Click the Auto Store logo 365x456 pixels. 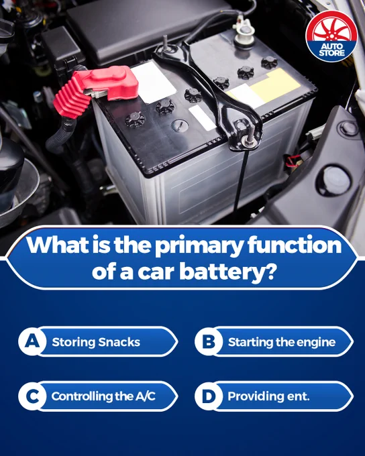(x=331, y=36)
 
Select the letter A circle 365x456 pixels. (x=32, y=341)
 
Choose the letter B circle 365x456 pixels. (x=209, y=341)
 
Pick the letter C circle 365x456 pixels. (x=32, y=396)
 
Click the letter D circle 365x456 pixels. (x=209, y=396)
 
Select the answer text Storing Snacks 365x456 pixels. (x=96, y=342)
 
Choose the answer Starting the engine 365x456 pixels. (x=282, y=342)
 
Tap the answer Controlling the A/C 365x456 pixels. (x=103, y=396)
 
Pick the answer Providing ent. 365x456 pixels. (x=268, y=396)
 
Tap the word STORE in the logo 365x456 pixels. (x=332, y=53)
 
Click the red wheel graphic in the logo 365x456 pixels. (x=331, y=30)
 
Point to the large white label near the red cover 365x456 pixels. (x=154, y=82)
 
